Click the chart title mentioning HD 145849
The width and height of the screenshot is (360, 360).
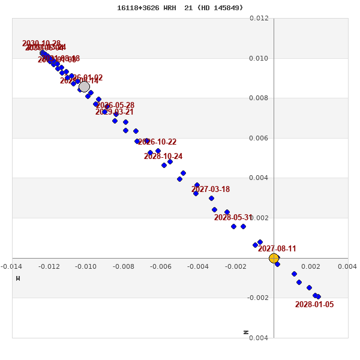(180, 8)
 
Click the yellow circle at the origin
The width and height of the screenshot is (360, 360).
(274, 258)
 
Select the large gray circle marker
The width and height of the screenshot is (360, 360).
(84, 86)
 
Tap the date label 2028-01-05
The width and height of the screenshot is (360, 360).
(314, 305)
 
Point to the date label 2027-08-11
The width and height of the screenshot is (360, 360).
(277, 249)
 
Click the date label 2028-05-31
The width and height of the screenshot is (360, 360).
(233, 218)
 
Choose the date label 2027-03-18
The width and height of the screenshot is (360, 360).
(211, 190)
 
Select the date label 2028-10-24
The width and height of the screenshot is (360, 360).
(163, 157)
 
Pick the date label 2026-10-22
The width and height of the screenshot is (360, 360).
(157, 142)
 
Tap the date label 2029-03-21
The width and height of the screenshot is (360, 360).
(115, 112)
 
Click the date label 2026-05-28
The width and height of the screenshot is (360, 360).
(115, 106)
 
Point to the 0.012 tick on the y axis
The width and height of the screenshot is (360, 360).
(259, 19)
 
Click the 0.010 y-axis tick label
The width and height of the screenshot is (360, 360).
(259, 58)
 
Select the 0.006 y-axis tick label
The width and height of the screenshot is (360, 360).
(259, 138)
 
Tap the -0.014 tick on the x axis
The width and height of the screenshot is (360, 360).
(11, 266)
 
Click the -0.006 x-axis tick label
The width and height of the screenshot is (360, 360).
(161, 266)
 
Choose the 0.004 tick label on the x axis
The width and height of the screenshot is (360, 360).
(347, 266)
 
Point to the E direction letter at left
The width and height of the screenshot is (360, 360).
(18, 278)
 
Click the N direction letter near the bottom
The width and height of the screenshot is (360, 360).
(246, 332)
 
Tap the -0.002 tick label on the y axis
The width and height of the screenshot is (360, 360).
(259, 298)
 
